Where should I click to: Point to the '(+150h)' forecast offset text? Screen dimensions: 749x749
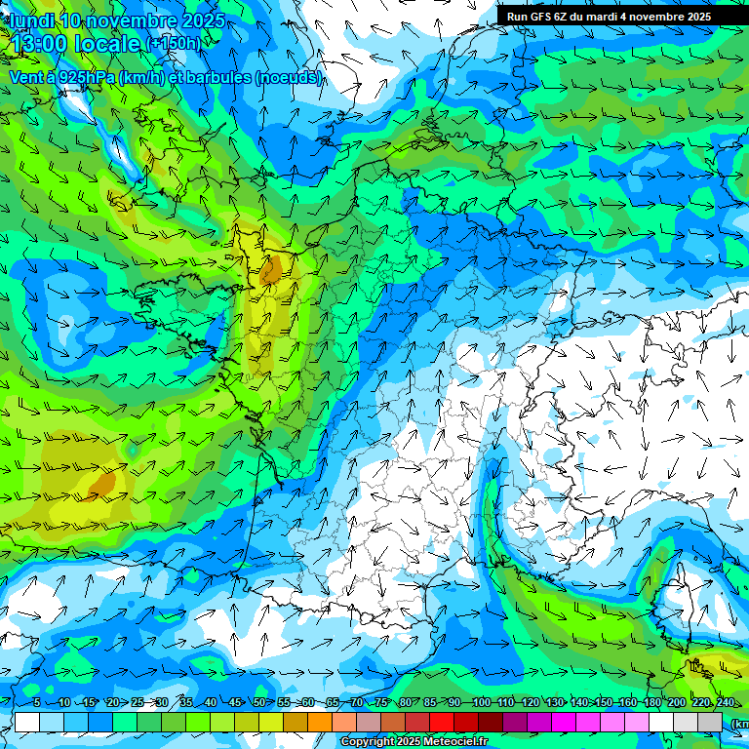click(174, 44)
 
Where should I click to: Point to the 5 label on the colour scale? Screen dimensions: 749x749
click(37, 702)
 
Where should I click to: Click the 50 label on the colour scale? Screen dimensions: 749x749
click(258, 702)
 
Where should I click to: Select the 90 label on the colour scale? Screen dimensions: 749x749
click(454, 702)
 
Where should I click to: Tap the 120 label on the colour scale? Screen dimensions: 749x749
click(530, 702)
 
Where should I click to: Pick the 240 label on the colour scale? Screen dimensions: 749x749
click(725, 702)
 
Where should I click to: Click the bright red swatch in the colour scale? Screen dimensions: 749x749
click(443, 722)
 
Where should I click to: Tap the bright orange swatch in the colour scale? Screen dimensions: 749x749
click(296, 722)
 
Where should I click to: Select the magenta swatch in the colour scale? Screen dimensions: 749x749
click(565, 722)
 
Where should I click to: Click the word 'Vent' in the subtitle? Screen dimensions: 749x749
click(26, 77)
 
